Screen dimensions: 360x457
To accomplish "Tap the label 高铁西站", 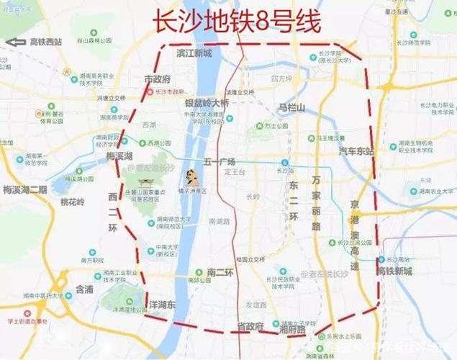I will tap(46, 42).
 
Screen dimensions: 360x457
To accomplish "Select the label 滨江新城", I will tap(194, 54).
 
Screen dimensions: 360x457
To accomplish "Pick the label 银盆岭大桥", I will tap(207, 103).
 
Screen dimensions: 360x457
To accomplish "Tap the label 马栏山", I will tap(292, 107).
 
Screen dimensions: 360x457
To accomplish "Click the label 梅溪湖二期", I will tap(24, 190).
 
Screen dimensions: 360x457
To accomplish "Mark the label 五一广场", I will tap(220, 161).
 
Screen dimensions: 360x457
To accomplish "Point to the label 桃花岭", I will tap(72, 202).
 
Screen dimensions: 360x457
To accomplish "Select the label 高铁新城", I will tap(395, 271).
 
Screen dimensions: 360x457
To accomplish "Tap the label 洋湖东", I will tap(162, 305).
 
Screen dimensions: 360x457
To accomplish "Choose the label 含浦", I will tap(83, 289).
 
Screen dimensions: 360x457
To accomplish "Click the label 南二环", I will tap(220, 271).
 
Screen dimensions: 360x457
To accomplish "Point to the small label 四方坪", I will tap(281, 78).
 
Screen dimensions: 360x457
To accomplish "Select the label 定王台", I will tap(235, 173).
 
